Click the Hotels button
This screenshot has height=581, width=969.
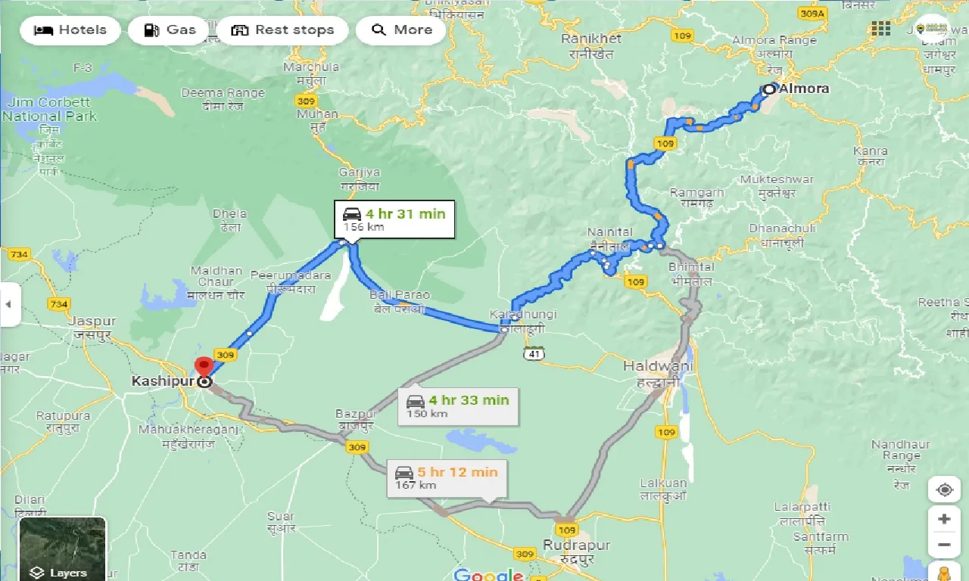tap(70, 30)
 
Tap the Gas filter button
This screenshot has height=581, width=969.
tap(169, 30)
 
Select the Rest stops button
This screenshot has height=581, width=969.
tap(282, 30)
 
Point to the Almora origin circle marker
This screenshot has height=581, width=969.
tap(769, 89)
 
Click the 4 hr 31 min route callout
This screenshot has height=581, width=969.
tap(394, 219)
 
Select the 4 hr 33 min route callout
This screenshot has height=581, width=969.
tap(457, 405)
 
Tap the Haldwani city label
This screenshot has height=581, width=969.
tap(650, 366)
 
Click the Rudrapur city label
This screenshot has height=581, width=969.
tap(576, 545)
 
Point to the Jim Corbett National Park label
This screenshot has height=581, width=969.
tap(49, 109)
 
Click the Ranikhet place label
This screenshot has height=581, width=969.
tap(591, 39)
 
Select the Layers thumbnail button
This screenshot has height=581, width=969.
tap(62, 548)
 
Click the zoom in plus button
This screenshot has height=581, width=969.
tap(943, 519)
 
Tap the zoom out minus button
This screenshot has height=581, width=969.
tap(943, 545)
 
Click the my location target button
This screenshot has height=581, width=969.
tap(944, 490)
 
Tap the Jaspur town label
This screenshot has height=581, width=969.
tap(92, 321)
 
